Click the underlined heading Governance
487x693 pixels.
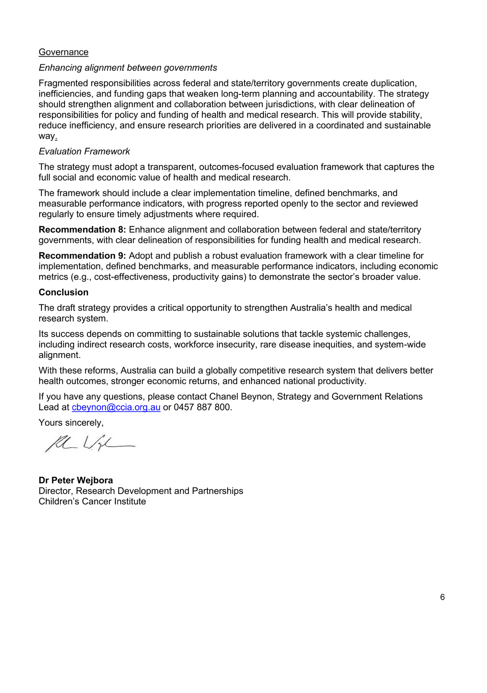click(64, 52)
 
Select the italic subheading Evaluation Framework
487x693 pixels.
click(84, 151)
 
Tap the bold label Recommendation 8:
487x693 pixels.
click(82, 230)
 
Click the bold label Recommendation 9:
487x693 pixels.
click(82, 256)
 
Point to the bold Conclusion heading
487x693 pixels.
click(64, 292)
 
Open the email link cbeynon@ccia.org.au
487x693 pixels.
click(116, 407)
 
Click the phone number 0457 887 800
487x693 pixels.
click(202, 407)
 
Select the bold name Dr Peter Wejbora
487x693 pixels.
click(76, 480)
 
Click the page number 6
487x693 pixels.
click(442, 597)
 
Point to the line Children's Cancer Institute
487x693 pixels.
click(92, 501)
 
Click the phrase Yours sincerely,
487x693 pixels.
click(71, 423)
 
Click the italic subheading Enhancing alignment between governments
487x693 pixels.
click(128, 68)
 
